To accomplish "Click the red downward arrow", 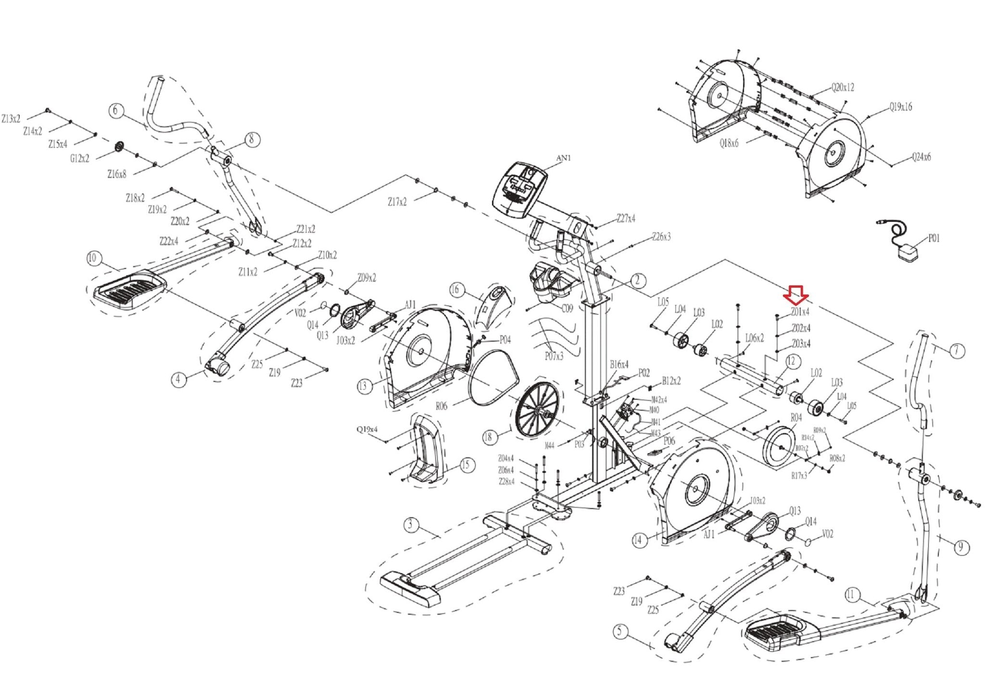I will (x=796, y=295).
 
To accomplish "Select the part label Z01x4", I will (x=800, y=312).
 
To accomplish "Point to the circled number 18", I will (x=488, y=437).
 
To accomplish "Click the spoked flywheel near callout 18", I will (x=536, y=410).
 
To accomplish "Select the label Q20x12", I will (x=843, y=88).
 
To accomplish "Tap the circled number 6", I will (x=115, y=111).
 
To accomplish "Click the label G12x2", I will (x=79, y=158).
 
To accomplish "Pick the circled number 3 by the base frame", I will (x=410, y=524).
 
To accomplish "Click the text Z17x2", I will (x=397, y=202).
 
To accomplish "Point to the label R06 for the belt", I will (x=442, y=407).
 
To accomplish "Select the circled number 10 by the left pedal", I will (x=92, y=258).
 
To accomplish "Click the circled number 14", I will (x=638, y=540).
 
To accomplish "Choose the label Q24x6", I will (x=921, y=157).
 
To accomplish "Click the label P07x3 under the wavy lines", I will (x=554, y=356).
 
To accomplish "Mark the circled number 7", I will (x=957, y=351).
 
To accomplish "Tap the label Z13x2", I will (x=11, y=118).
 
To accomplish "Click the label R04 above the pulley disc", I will (x=796, y=418).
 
